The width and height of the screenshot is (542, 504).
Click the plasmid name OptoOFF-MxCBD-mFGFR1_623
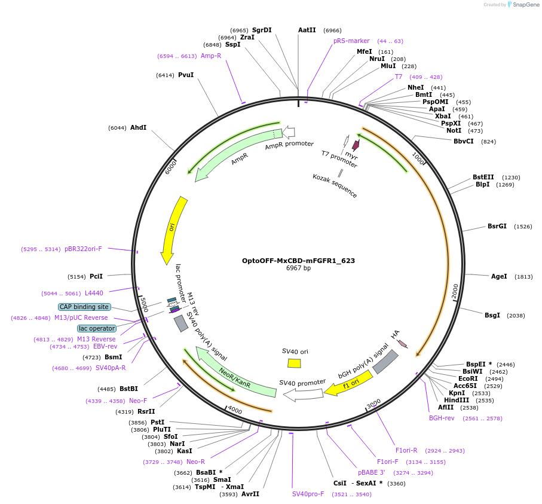click(298, 261)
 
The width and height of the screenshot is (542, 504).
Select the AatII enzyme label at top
click(307, 30)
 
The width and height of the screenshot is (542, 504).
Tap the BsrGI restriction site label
click(497, 227)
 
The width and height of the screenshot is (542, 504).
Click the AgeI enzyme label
click(498, 276)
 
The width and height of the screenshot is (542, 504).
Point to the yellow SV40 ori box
click(294, 363)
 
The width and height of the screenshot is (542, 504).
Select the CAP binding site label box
click(84, 307)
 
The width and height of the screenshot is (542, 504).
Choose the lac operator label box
click(97, 328)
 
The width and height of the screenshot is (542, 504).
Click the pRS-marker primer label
click(351, 41)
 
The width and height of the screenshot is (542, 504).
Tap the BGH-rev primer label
click(442, 418)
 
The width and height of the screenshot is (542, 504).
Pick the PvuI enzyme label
click(186, 75)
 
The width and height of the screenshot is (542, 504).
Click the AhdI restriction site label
click(138, 128)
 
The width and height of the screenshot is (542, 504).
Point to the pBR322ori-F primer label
click(83, 249)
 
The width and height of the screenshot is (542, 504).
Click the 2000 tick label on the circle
click(455, 291)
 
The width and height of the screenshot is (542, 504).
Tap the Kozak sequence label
click(335, 185)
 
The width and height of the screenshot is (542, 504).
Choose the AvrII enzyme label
click(250, 494)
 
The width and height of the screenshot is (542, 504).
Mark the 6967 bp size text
click(298, 268)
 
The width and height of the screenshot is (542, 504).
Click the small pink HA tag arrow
click(403, 344)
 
